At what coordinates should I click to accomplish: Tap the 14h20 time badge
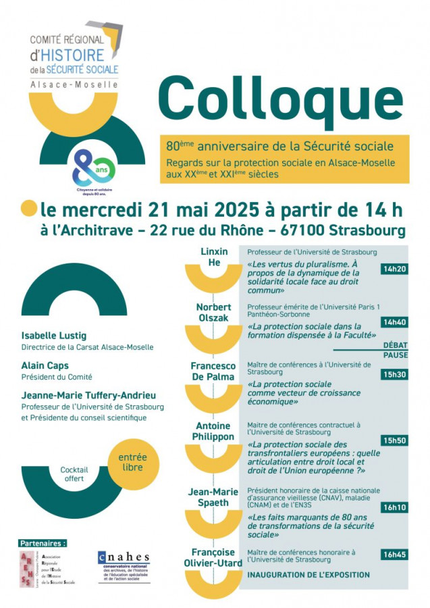point(395,269)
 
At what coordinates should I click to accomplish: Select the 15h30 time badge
point(395,374)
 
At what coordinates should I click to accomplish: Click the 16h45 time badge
point(395,555)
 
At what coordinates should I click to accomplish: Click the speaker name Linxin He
point(214,257)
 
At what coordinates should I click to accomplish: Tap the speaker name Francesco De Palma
point(212,371)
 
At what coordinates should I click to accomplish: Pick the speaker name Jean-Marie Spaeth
point(213,497)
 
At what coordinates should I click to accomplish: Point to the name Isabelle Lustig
point(54,336)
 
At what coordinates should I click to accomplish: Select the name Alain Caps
point(45,365)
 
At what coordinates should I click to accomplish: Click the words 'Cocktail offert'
point(74,474)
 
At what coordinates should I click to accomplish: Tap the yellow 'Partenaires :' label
point(44,542)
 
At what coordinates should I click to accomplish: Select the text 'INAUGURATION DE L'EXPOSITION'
point(308,575)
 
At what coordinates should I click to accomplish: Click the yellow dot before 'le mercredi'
point(29,207)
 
